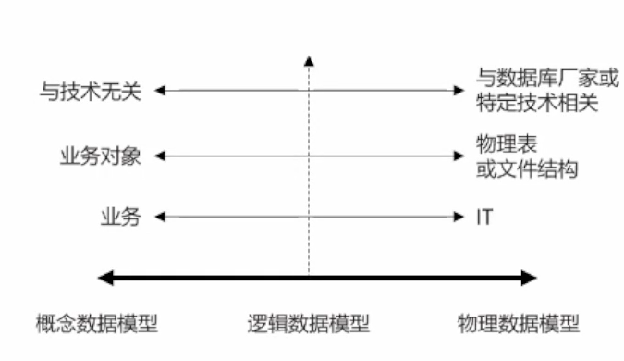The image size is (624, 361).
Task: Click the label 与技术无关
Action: point(91,92)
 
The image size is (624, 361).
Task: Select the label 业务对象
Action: point(101,156)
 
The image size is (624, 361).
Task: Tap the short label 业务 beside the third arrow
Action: point(121,218)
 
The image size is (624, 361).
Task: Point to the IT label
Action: point(484,218)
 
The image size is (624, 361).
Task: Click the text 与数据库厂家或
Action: point(547,78)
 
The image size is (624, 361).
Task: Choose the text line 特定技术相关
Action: point(537,103)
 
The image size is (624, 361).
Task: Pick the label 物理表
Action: point(507,143)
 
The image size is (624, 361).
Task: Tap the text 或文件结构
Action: point(527,169)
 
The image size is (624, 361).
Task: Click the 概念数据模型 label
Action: point(97,324)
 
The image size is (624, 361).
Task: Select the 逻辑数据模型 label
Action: point(309,324)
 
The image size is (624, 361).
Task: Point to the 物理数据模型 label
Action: point(519,324)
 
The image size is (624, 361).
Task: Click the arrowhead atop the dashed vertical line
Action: point(309,61)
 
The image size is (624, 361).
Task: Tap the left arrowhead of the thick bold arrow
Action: point(106,278)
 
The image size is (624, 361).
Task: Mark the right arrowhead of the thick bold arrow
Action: point(530,278)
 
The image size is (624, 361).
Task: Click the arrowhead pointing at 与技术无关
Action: point(160,91)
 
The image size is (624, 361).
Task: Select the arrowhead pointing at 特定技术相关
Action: point(459,91)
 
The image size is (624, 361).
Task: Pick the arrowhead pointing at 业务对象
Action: point(160,156)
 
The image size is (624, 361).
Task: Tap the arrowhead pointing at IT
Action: point(459,218)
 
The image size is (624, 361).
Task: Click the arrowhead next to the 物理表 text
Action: point(459,156)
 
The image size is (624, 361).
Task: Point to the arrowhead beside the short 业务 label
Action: point(160,218)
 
